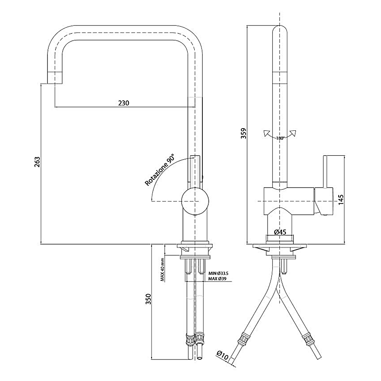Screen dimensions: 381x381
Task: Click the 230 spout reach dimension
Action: coord(123,103)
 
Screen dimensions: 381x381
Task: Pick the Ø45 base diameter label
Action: coord(280,232)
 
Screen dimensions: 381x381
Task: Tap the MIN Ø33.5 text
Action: coord(218,273)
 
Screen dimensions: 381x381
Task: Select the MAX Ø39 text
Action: coord(218,279)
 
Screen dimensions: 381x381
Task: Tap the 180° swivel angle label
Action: coord(279,138)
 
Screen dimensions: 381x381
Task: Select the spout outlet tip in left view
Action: coord(55,78)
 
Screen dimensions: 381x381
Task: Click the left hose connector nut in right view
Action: coord(244,339)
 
